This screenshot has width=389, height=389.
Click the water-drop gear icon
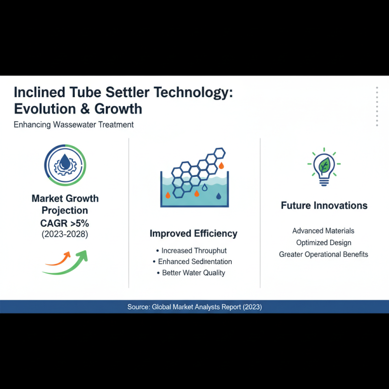click(x=65, y=165)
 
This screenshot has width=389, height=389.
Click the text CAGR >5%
click(x=65, y=224)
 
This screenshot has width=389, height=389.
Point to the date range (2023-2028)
click(x=65, y=235)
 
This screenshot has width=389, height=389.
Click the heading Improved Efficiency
click(x=194, y=233)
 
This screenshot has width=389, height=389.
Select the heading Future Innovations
click(x=324, y=206)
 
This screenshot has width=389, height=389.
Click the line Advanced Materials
click(x=323, y=231)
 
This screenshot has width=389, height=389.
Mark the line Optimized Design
click(x=323, y=243)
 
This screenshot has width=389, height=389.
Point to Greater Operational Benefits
click(x=323, y=254)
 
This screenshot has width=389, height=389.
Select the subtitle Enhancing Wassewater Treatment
click(x=73, y=124)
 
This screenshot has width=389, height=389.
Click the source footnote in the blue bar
click(x=194, y=307)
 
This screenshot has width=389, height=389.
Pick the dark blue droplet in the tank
click(x=218, y=196)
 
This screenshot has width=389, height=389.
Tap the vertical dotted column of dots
click(x=377, y=107)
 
